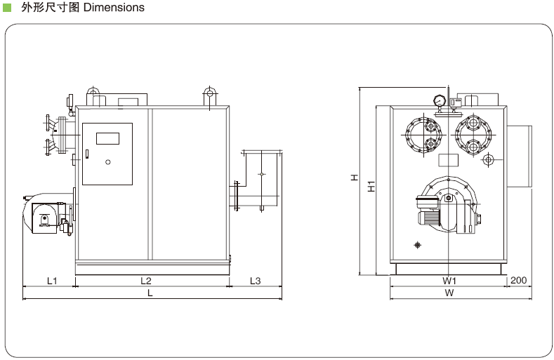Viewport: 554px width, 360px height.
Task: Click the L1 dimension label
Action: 52,281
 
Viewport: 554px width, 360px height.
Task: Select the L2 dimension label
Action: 146,281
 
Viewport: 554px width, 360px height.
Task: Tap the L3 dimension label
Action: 256,281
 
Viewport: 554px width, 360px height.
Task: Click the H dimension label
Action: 355,179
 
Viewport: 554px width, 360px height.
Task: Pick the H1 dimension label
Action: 372,187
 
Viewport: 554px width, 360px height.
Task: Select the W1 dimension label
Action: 449,281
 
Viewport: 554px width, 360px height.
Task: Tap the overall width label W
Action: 449,293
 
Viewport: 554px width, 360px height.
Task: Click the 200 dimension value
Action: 518,281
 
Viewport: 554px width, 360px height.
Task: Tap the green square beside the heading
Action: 8,8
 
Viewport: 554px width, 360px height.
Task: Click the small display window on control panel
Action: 107,138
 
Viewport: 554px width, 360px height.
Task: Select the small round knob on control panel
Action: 107,162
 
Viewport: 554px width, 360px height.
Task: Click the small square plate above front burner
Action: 447,159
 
